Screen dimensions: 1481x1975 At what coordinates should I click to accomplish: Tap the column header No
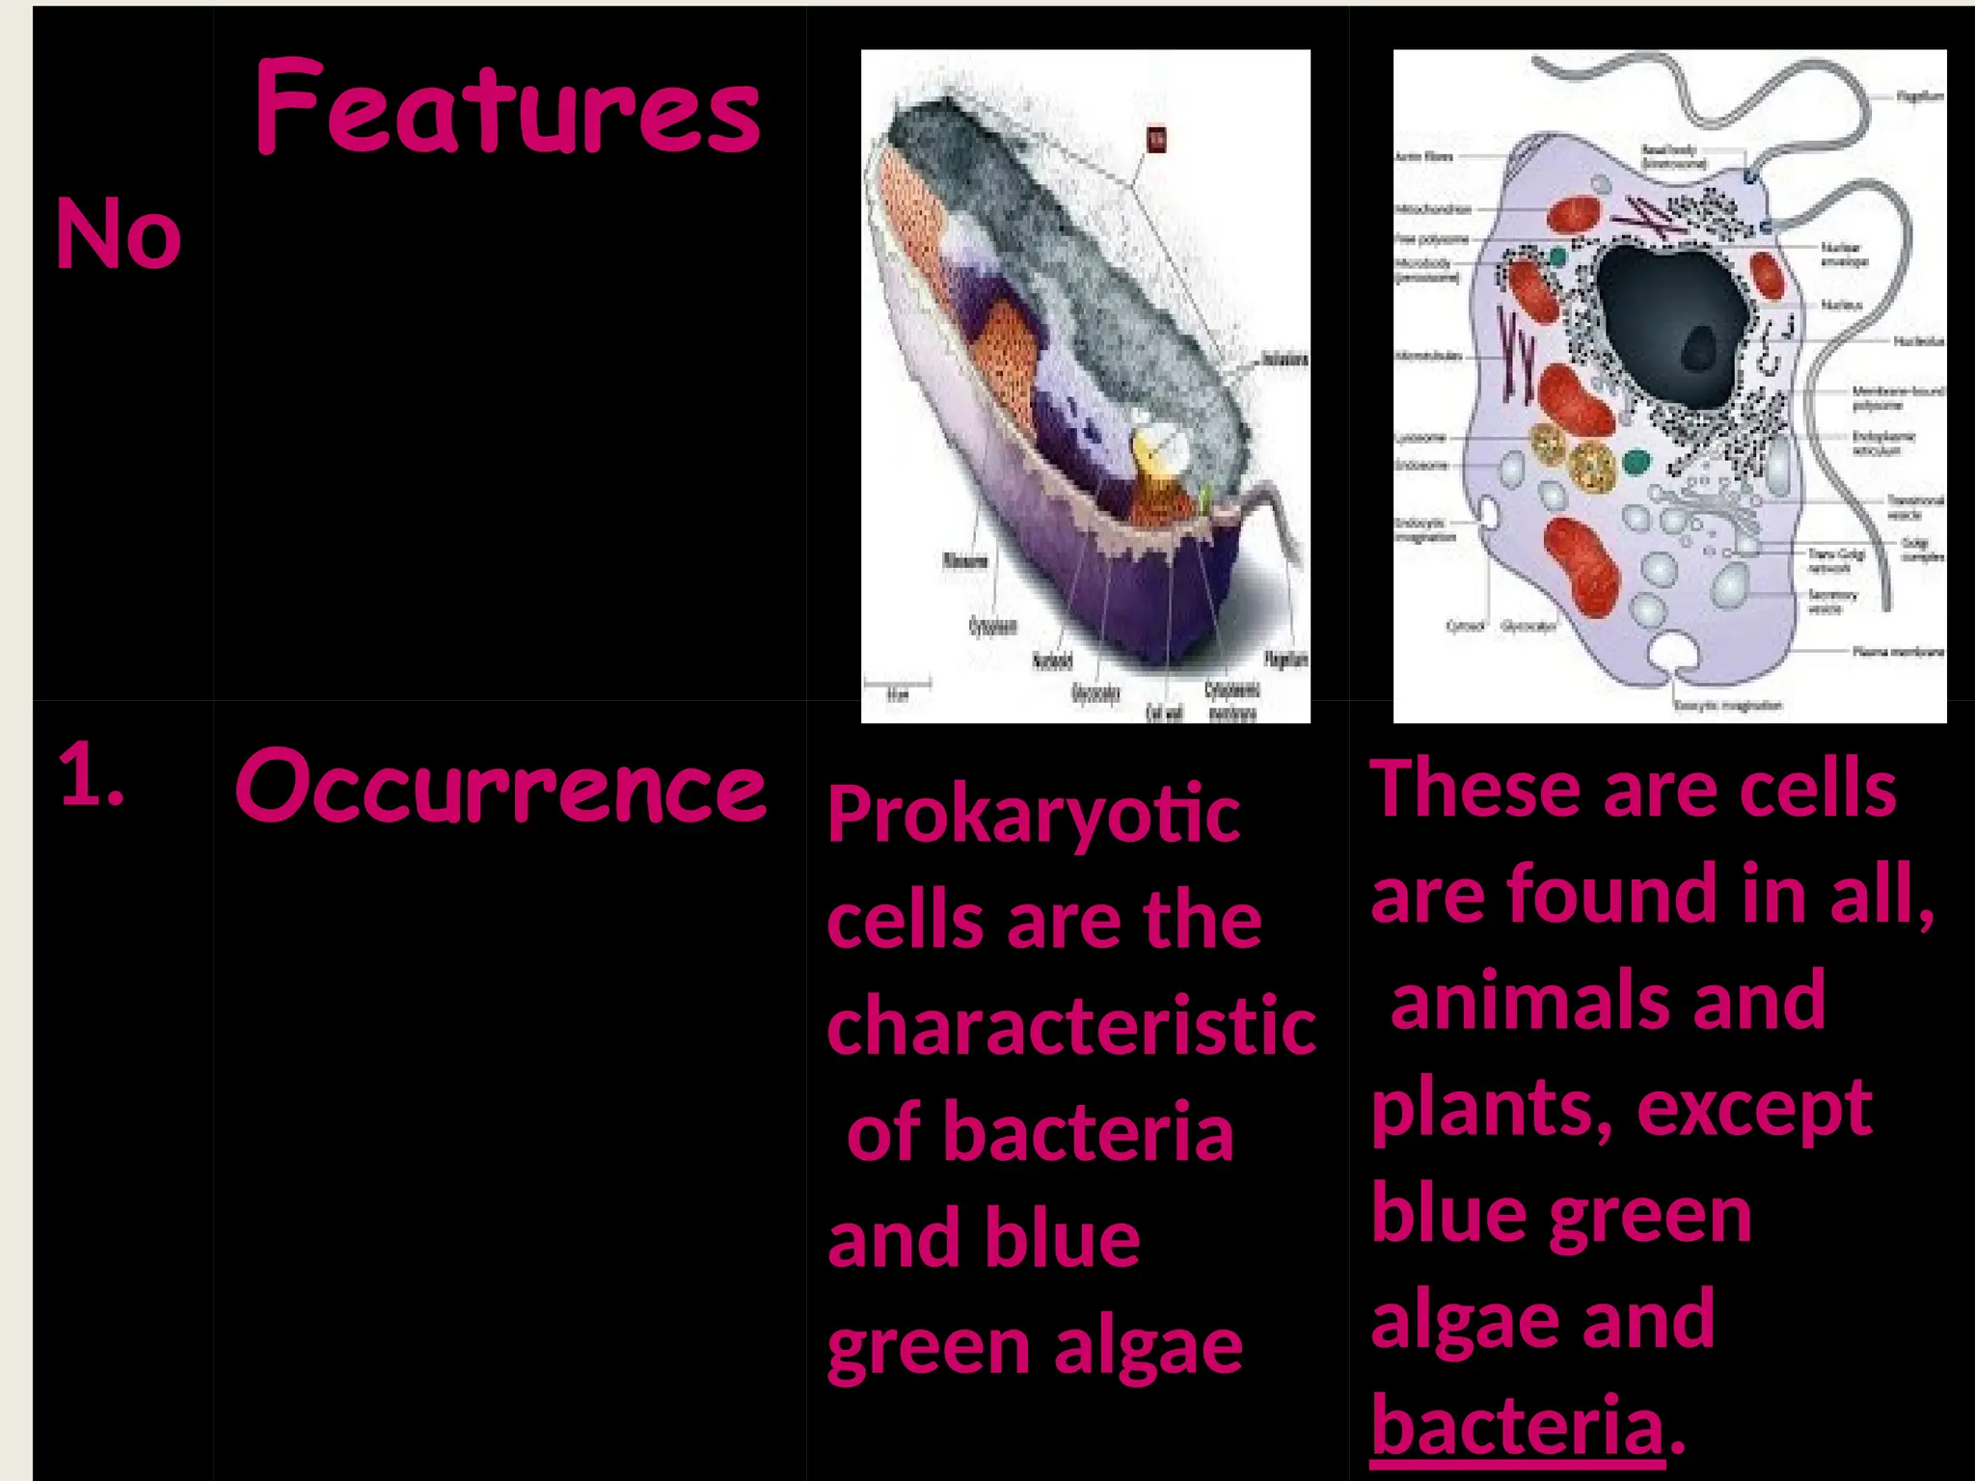click(x=118, y=233)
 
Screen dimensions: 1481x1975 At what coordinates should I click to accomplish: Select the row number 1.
click(x=91, y=776)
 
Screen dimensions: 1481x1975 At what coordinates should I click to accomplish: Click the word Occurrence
click(x=501, y=787)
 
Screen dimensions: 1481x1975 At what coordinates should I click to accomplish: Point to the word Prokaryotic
click(x=1033, y=816)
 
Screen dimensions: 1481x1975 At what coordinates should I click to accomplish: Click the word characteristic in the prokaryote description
click(x=1070, y=1026)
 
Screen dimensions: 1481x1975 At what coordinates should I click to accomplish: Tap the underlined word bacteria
click(x=1517, y=1425)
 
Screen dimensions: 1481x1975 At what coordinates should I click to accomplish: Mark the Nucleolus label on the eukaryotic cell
click(x=1918, y=341)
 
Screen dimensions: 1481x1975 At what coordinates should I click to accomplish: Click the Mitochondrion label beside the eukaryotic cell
click(x=1433, y=209)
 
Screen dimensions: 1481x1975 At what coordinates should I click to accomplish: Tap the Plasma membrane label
click(x=1898, y=652)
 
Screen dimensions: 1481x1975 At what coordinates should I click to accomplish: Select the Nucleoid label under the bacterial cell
click(x=1052, y=661)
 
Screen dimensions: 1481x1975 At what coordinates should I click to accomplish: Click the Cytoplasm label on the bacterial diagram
click(x=992, y=627)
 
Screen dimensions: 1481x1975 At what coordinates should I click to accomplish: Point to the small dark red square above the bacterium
click(x=1156, y=140)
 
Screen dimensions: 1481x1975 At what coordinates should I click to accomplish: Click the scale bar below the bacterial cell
click(x=897, y=683)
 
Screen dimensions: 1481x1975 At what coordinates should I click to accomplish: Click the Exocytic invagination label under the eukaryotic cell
click(x=1727, y=705)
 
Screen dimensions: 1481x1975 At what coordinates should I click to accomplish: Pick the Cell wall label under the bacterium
click(x=1164, y=713)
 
